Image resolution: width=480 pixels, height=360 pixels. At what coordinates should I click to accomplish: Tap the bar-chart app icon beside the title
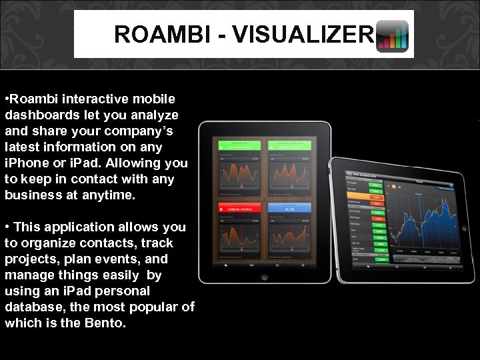[393, 36]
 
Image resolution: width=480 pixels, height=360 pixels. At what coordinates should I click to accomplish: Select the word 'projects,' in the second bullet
[33, 259]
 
